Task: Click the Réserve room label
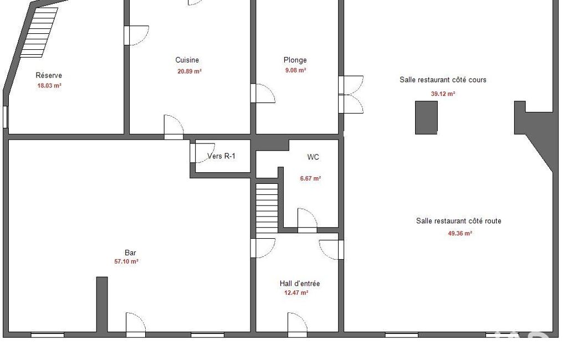click(49, 75)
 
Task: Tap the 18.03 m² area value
click(49, 86)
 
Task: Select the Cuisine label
click(187, 60)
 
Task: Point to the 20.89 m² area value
click(190, 71)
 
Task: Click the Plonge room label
click(295, 60)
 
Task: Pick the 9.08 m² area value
click(295, 70)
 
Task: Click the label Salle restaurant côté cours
click(443, 80)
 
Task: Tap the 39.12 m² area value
click(443, 94)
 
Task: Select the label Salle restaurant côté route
click(459, 221)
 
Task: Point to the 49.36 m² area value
click(460, 234)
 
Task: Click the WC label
click(313, 157)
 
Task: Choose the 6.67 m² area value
click(310, 178)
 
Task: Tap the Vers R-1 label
click(221, 156)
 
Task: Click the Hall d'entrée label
click(300, 284)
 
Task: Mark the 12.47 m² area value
click(296, 292)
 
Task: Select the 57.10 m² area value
click(126, 261)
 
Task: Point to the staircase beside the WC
click(267, 208)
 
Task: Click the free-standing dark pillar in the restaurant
click(426, 118)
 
